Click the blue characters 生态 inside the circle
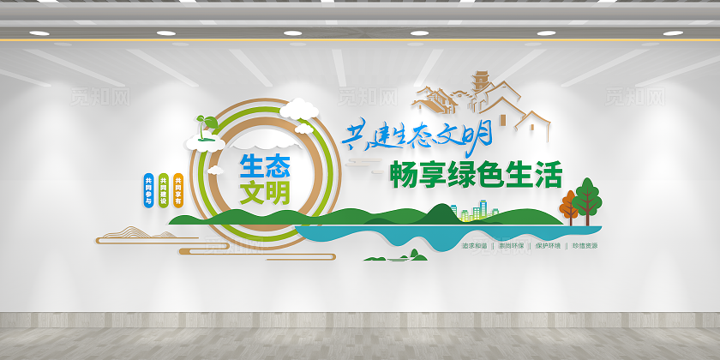[x=265, y=164]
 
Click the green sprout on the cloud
[x=203, y=125]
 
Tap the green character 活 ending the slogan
[x=549, y=175]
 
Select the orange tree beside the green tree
[x=569, y=207]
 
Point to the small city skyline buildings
[x=475, y=211]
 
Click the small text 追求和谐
[x=473, y=246]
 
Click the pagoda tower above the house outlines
[x=481, y=84]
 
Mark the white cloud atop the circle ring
[x=298, y=108]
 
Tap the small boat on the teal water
[x=393, y=256]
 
